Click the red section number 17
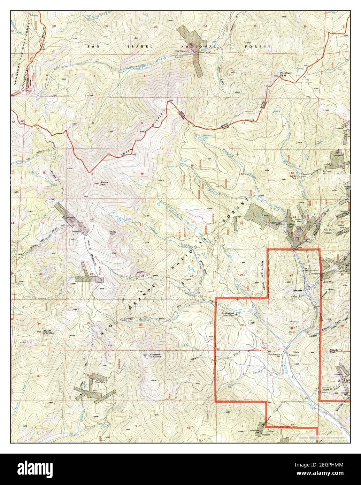click(92, 174)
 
